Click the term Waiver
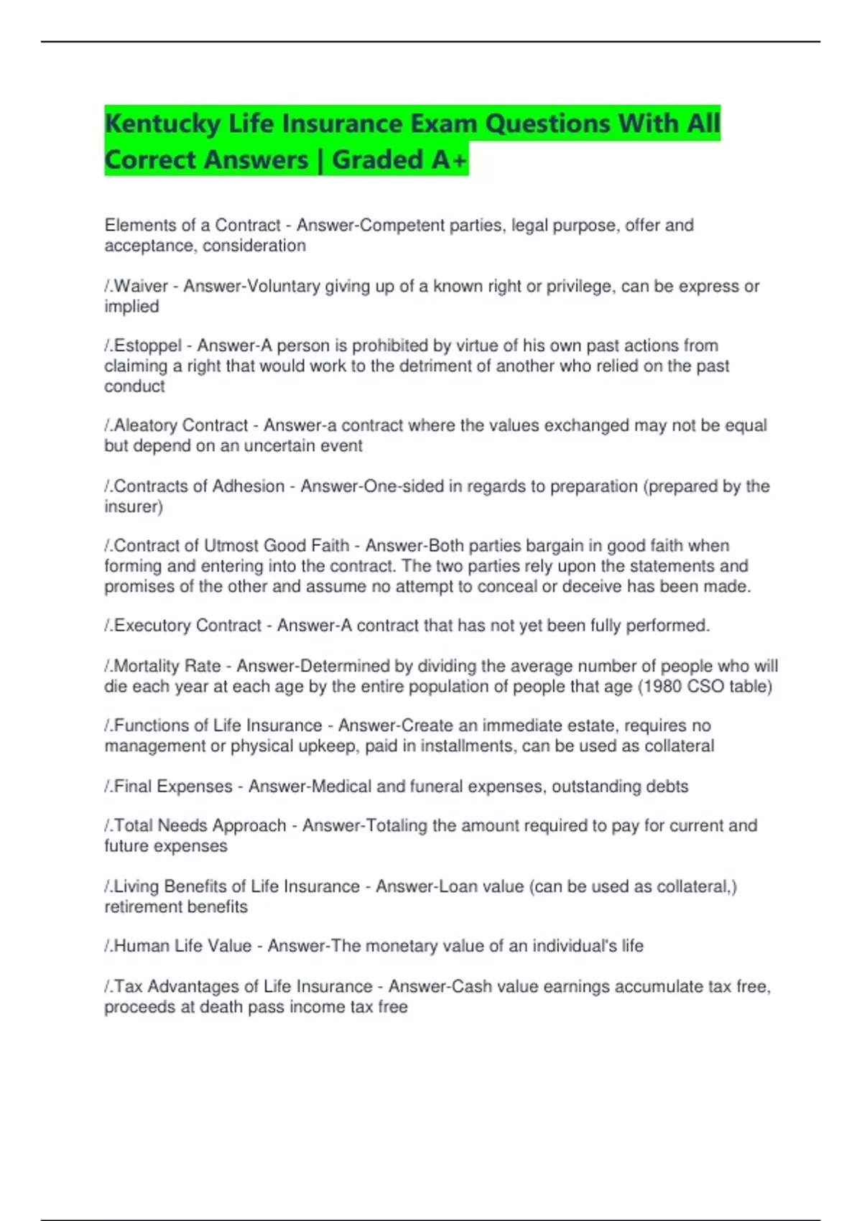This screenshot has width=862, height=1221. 141,286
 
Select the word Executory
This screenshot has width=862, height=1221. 152,626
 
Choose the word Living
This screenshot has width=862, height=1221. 136,886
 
